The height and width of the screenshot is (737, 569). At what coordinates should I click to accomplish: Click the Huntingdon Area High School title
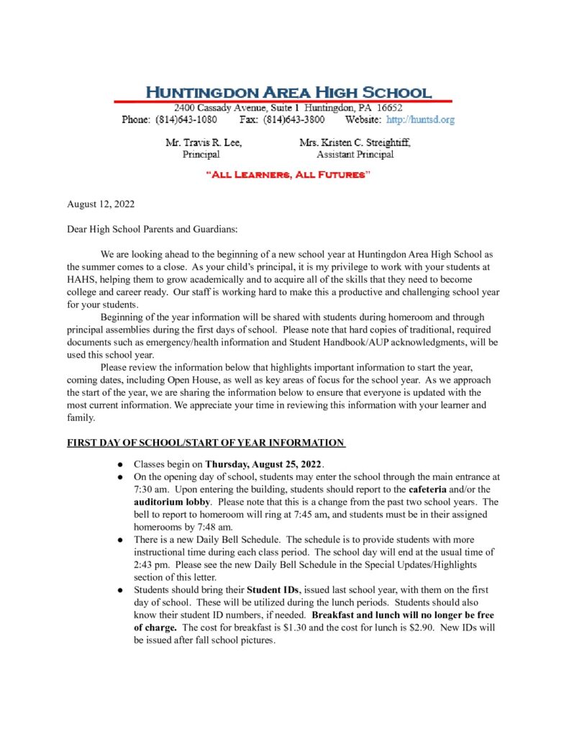pyautogui.click(x=288, y=92)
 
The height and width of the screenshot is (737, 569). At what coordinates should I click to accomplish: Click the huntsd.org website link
pyautogui.click(x=420, y=119)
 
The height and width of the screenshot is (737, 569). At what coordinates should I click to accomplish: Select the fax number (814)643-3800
pyautogui.click(x=293, y=119)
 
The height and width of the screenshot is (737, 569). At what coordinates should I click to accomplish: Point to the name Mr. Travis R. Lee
pyautogui.click(x=204, y=143)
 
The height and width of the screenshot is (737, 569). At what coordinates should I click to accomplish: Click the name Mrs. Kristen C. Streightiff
pyautogui.click(x=355, y=143)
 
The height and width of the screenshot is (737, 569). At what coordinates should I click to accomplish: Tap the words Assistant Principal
pyautogui.click(x=355, y=154)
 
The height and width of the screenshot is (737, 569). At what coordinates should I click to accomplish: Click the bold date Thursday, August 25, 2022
pyautogui.click(x=265, y=464)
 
